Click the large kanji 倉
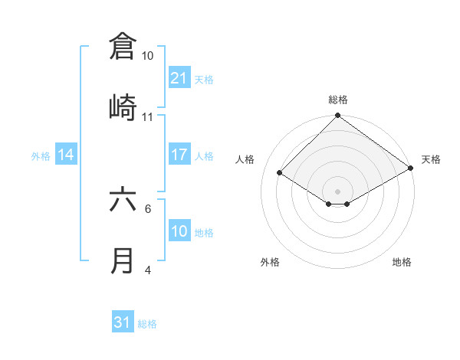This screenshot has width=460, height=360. (x=123, y=46)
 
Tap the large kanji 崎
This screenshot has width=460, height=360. (x=123, y=107)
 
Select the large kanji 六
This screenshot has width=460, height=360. (x=123, y=201)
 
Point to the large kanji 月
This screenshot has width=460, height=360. (x=123, y=261)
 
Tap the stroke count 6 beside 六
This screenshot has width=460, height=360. (x=148, y=208)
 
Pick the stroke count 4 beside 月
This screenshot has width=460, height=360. (x=148, y=270)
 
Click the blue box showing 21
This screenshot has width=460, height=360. (x=179, y=78)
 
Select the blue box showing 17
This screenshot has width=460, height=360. (x=179, y=155)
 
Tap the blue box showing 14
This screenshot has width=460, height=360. (x=66, y=155)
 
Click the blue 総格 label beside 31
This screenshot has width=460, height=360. (x=147, y=324)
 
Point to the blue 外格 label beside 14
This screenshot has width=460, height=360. (x=41, y=156)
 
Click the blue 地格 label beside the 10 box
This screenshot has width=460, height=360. (x=204, y=233)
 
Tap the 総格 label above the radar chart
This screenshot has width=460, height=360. (x=338, y=100)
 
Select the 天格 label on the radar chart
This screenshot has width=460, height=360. (x=431, y=159)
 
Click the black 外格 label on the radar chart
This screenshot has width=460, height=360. (x=270, y=262)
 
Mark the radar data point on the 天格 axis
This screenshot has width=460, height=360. (x=412, y=168)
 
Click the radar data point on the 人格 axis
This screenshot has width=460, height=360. (x=280, y=173)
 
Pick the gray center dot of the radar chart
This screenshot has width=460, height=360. (x=338, y=191)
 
